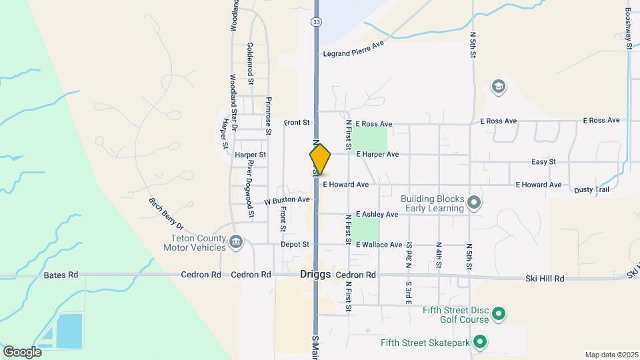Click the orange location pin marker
coord(320,160)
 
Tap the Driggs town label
coord(315,275)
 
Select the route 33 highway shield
coord(316,22)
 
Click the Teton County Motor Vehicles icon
coord(235,241)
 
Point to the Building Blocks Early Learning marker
coord(474,201)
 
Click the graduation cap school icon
coord(498,87)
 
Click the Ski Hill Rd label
coord(545,279)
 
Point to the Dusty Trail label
coord(591,190)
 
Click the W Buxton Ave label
coord(287,200)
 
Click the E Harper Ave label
coord(377,154)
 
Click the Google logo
coord(22,351)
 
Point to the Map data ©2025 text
coord(611,355)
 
